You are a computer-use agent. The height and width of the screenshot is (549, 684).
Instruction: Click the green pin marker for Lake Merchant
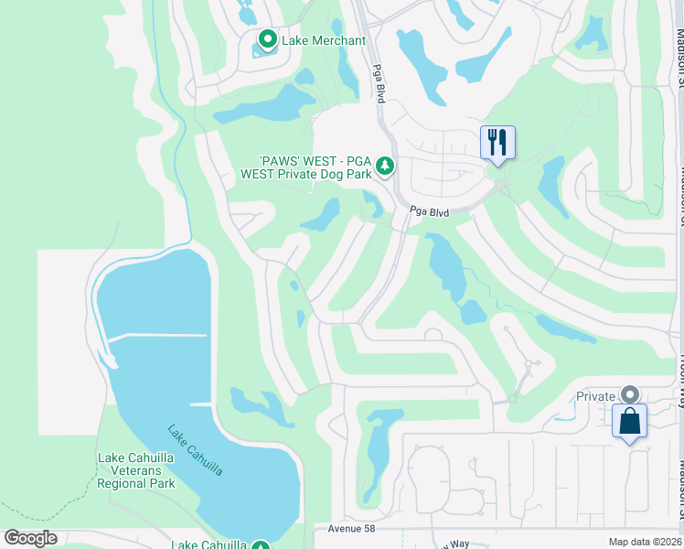point(267,39)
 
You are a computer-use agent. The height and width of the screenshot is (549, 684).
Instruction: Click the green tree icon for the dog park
point(386,166)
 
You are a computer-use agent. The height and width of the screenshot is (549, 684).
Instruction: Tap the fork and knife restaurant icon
point(497,143)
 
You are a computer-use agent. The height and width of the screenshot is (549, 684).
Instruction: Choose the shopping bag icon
point(629,421)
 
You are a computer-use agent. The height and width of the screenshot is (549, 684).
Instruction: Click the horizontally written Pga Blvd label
point(429,211)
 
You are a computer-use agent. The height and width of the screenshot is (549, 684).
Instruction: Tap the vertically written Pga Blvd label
point(377,81)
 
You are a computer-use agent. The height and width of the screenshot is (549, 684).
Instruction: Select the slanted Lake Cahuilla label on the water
point(195,449)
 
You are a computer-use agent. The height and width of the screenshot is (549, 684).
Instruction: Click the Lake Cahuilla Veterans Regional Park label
point(135,469)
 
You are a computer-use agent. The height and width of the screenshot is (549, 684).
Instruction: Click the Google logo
point(30,537)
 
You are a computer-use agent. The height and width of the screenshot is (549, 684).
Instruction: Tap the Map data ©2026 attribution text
point(644,542)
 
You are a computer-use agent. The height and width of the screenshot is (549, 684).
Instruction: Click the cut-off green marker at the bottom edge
point(262,544)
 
